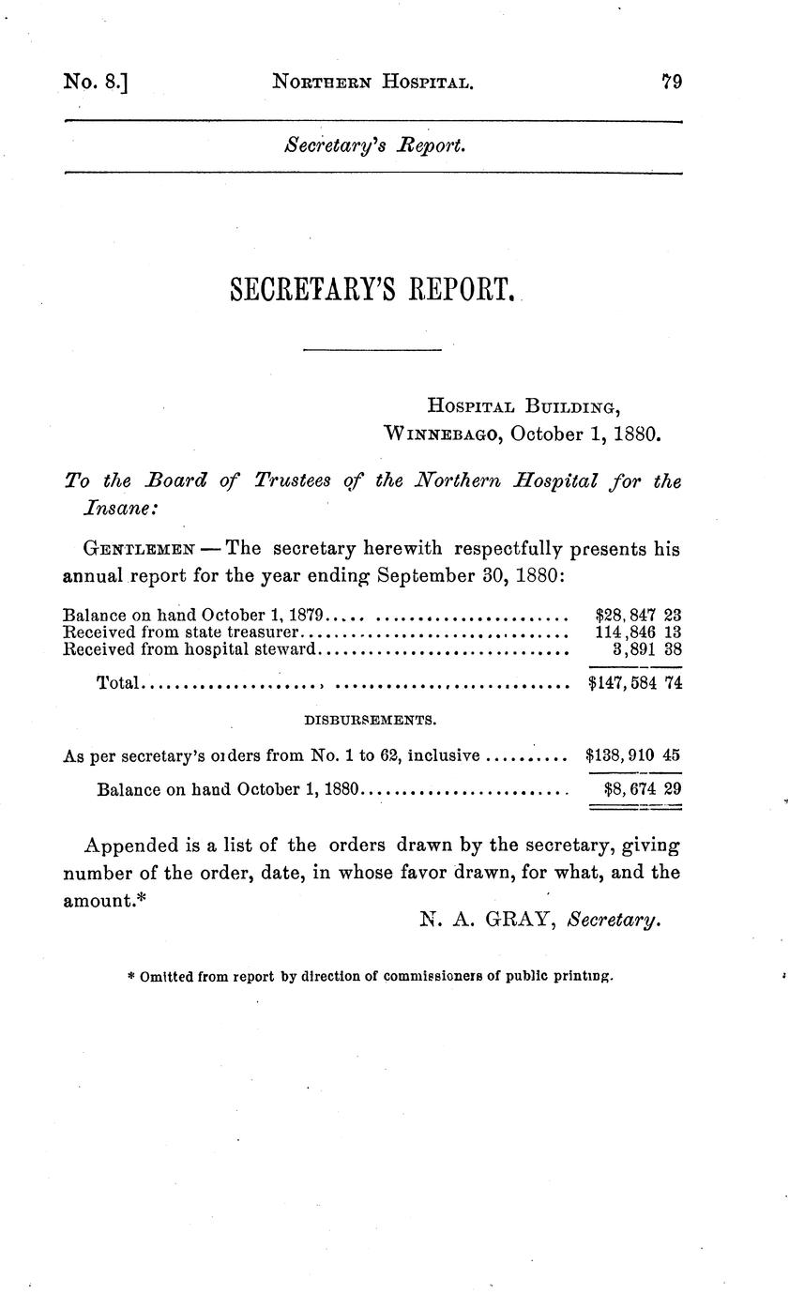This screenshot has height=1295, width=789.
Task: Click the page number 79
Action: (x=671, y=82)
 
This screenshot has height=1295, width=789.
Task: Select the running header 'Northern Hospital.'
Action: (x=372, y=83)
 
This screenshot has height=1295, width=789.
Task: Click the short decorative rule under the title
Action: (x=372, y=351)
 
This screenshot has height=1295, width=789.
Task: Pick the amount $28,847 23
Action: (x=638, y=616)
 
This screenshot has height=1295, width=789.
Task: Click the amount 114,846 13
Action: (x=638, y=632)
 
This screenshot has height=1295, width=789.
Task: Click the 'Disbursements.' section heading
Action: (x=371, y=721)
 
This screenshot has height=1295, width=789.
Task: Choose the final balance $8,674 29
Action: (x=642, y=789)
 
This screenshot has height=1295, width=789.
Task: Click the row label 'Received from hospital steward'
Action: (x=191, y=647)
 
